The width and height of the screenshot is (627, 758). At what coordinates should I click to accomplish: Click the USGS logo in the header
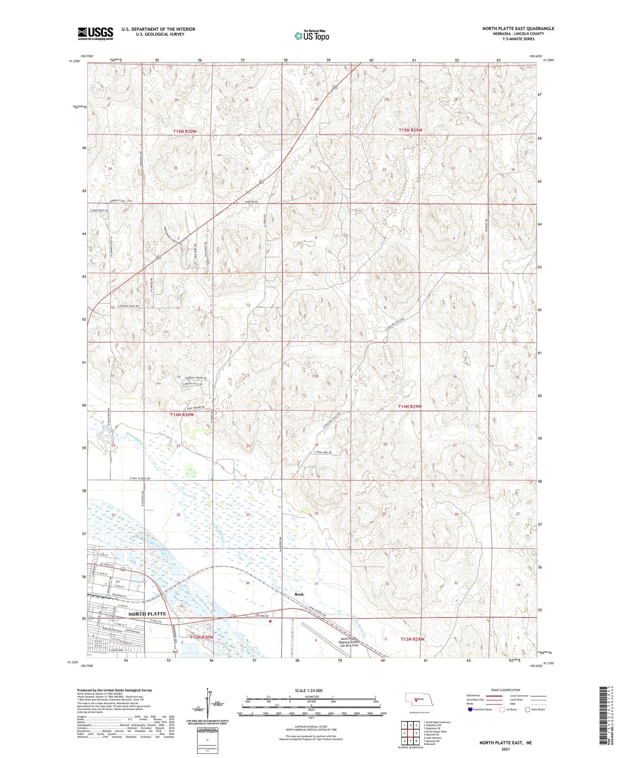pyautogui.click(x=95, y=33)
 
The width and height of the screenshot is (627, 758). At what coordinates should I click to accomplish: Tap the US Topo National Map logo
pyautogui.click(x=311, y=36)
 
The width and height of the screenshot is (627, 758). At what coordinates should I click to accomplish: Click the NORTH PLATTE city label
pyautogui.click(x=147, y=614)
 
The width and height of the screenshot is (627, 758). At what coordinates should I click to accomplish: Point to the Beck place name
pyautogui.click(x=299, y=594)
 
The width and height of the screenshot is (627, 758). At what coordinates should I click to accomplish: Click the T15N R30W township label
pyautogui.click(x=185, y=132)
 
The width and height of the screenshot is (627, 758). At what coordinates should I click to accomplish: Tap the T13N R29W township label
pyautogui.click(x=413, y=639)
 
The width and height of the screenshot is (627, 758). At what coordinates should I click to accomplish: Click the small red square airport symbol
pyautogui.click(x=270, y=621)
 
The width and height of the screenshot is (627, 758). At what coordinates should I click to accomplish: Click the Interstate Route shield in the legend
pyautogui.click(x=470, y=710)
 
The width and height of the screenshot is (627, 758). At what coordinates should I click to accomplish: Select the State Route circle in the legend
pyautogui.click(x=528, y=710)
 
